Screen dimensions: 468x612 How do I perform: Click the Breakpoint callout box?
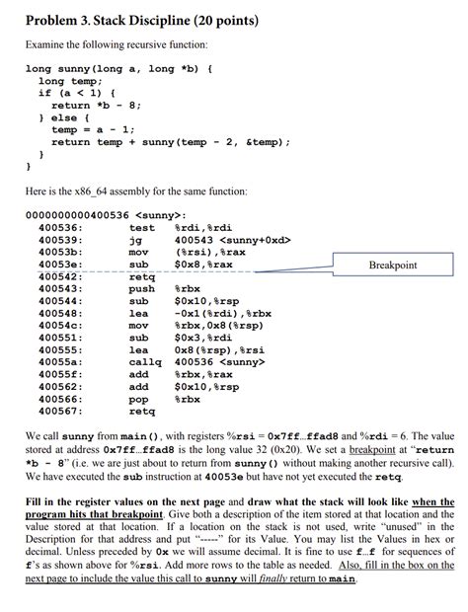[392, 265]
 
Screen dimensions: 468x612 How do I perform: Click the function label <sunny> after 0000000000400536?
[164, 214]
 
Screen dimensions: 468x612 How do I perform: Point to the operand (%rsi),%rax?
[204, 252]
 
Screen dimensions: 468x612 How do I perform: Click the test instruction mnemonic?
[143, 227]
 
